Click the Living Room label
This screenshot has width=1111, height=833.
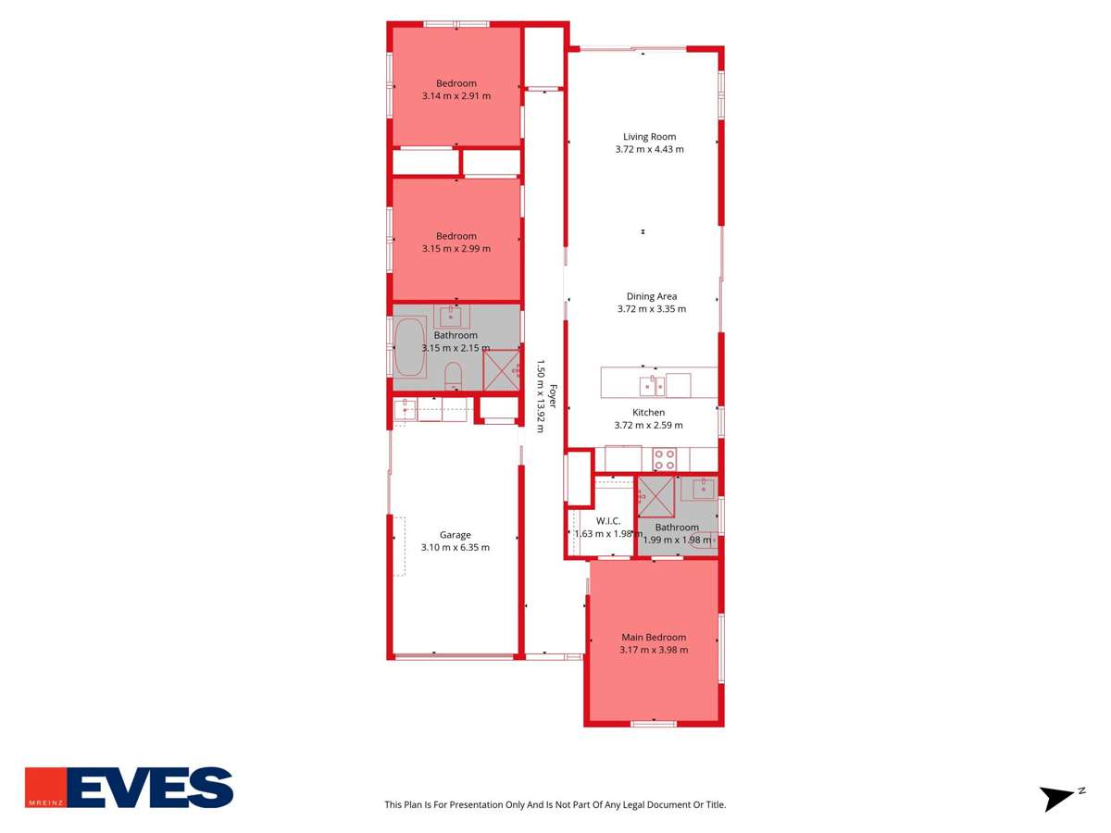[649, 137]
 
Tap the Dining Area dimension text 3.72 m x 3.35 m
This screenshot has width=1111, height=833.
[651, 309]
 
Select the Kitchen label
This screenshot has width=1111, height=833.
[648, 413]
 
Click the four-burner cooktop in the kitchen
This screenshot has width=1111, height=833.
[664, 459]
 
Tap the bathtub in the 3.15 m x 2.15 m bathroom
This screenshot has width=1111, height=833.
[410, 348]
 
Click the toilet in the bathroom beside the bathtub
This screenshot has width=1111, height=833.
[454, 375]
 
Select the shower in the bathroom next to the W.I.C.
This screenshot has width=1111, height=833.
[656, 498]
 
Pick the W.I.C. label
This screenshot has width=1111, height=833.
[607, 521]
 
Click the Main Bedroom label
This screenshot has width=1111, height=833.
[654, 637]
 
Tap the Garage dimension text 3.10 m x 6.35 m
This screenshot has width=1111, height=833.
[456, 547]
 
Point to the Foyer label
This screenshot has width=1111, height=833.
[554, 398]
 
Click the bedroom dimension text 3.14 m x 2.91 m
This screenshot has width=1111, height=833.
[456, 95]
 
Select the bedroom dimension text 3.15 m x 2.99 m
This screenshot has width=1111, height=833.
[456, 248]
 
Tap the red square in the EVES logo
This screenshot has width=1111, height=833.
[47, 787]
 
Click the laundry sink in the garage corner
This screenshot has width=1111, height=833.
[405, 408]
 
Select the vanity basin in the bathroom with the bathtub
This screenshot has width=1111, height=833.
[452, 314]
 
